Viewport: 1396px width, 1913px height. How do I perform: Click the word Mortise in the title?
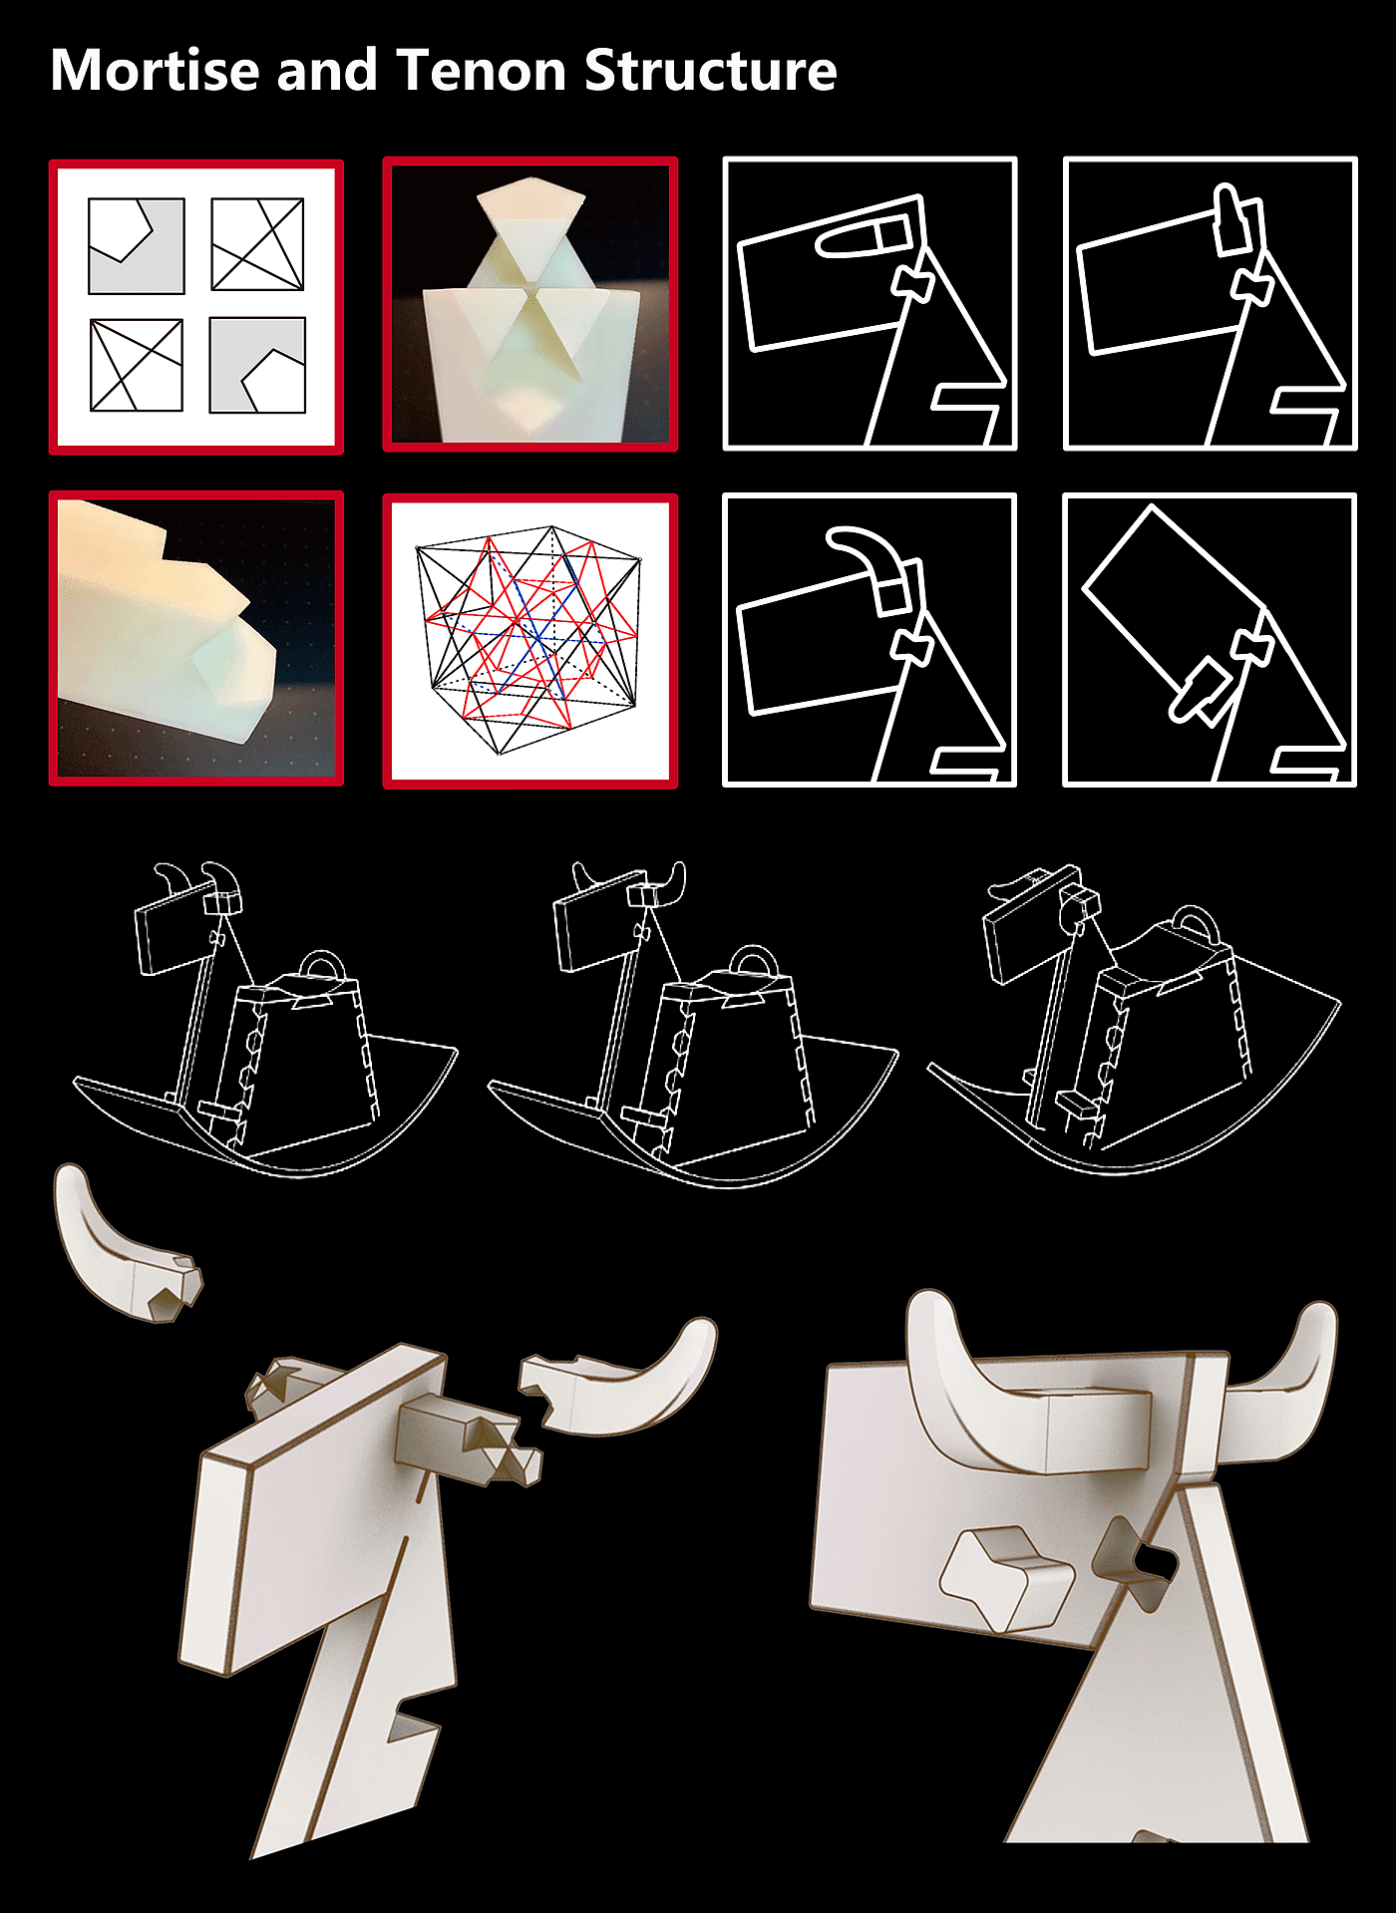click(x=157, y=71)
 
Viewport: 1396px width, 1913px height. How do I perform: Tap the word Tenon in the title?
click(x=483, y=71)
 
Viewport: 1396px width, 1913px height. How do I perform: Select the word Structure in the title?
click(x=711, y=71)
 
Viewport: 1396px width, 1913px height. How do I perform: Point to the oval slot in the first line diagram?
click(x=864, y=238)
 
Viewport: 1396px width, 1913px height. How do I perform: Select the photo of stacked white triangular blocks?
click(x=530, y=304)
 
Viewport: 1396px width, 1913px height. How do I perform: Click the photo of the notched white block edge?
click(x=196, y=638)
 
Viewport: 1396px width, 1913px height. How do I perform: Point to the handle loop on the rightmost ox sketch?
click(x=1194, y=923)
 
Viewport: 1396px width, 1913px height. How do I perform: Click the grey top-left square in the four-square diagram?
click(x=136, y=245)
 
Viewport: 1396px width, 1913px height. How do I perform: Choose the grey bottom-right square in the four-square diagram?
click(x=257, y=365)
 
